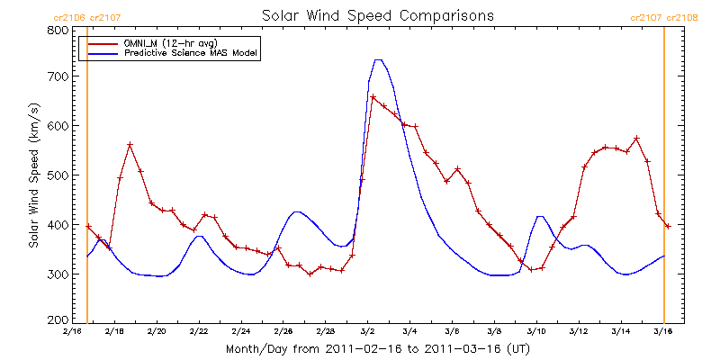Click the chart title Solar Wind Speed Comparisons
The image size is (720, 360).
377,15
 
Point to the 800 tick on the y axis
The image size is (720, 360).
58,30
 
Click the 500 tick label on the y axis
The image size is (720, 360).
58,175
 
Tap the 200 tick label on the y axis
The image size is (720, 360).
58,320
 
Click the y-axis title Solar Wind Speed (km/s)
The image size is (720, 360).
34,175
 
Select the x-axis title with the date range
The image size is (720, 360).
377,348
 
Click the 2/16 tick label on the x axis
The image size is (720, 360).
73,332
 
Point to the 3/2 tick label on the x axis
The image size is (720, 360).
368,332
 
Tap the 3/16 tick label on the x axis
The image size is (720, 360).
663,332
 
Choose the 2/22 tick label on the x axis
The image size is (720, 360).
199,332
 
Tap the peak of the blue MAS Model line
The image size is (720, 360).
378,59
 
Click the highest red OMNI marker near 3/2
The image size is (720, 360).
373,97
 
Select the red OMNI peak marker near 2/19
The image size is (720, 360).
130,145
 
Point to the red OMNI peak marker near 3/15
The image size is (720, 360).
636,139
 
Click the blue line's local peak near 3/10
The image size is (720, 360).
539,216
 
